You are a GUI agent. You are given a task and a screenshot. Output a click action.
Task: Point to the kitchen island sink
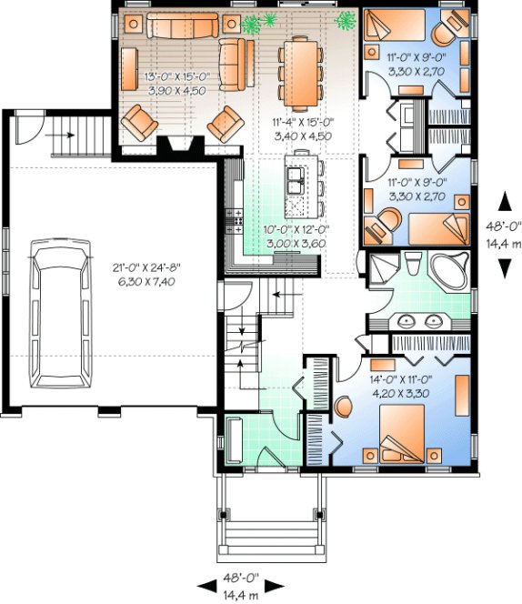[x=295, y=182]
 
